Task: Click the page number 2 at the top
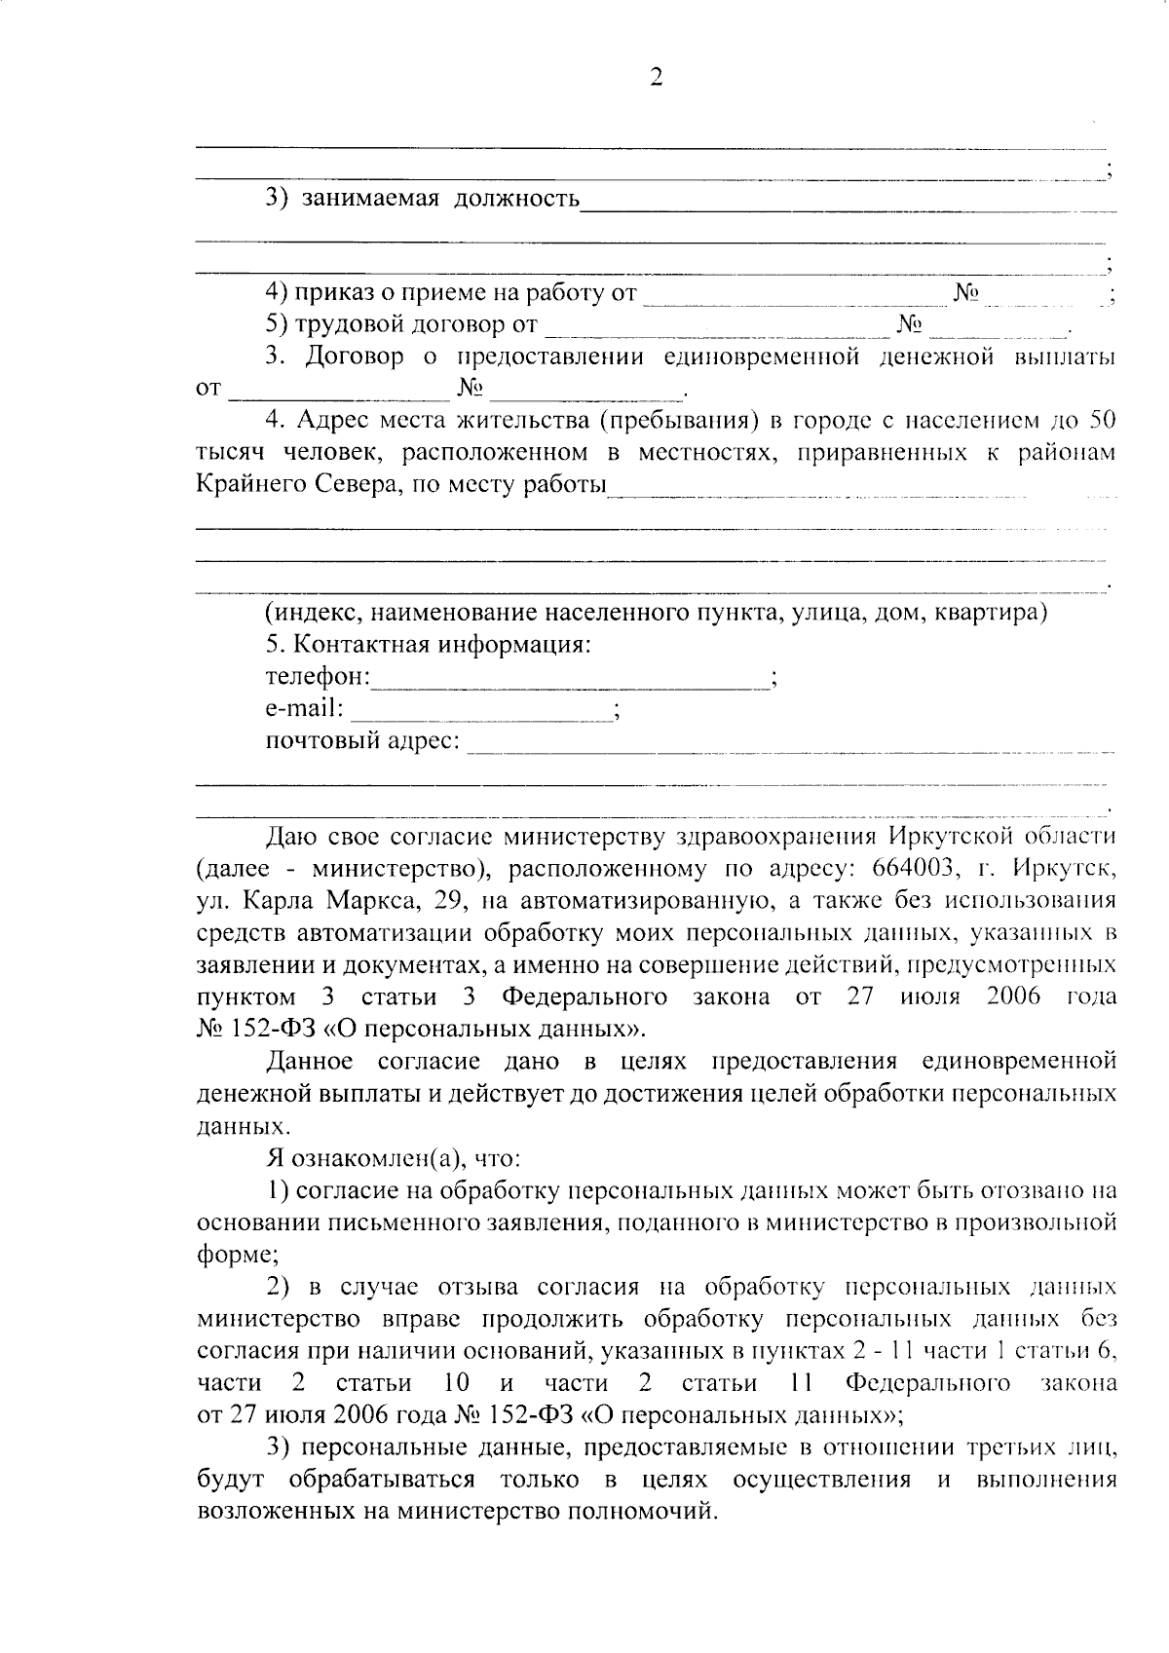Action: pyautogui.click(x=656, y=78)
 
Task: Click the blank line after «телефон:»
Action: pyautogui.click(x=570, y=679)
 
